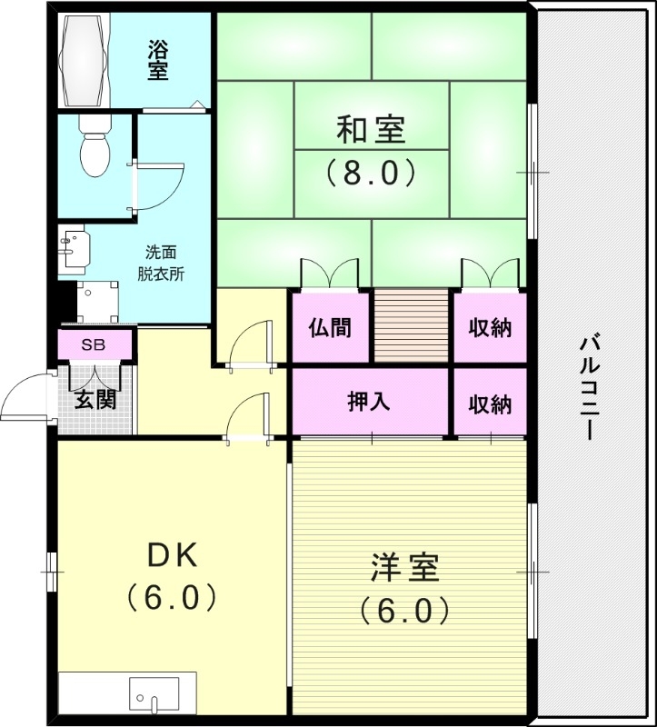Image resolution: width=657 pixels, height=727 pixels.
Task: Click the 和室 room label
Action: point(371,130)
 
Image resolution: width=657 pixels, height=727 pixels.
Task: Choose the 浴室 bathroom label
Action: point(158,60)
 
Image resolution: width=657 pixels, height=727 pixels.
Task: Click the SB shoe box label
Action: point(94,345)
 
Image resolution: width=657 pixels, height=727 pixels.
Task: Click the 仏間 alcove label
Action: point(330,328)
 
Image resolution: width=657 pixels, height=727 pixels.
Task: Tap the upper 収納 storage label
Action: point(490,328)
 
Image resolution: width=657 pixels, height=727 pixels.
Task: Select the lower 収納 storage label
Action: point(490,403)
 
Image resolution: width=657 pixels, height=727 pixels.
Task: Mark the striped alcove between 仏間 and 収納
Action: point(412,325)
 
